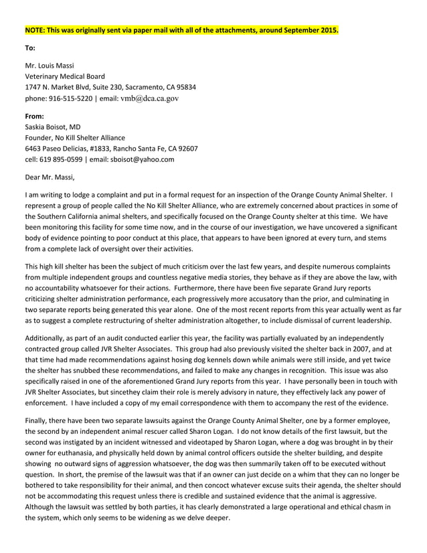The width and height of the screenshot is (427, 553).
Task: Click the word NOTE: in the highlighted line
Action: point(35,30)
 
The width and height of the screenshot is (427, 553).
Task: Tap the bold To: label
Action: point(30,48)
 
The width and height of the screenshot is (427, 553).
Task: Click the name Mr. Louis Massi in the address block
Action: point(50,66)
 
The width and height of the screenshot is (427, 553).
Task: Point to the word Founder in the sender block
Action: point(38,137)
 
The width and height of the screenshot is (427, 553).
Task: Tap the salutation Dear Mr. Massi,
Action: point(50,177)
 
